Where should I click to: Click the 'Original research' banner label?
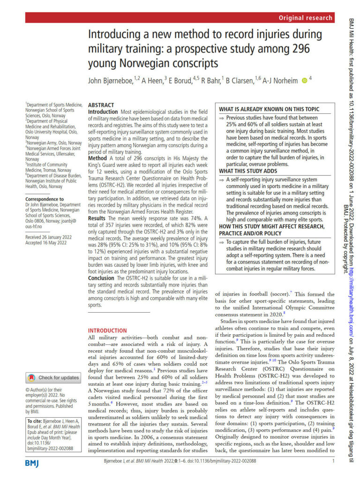(x=305, y=18)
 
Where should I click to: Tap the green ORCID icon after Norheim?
(x=304, y=81)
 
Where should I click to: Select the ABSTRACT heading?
(x=101, y=105)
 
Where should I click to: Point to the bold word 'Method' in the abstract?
(x=98, y=158)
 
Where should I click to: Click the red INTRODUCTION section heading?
(x=107, y=330)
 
